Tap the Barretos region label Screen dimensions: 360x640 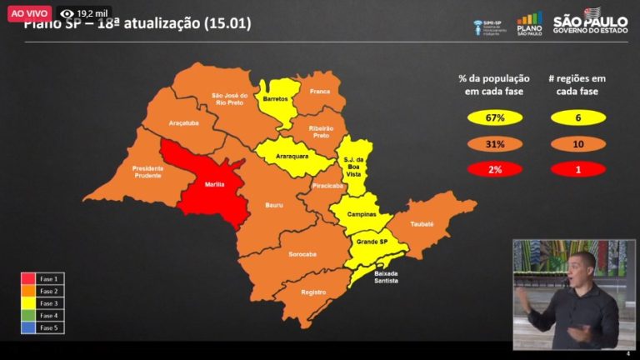[275, 98]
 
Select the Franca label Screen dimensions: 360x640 [320, 90]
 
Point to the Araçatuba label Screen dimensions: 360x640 [182, 122]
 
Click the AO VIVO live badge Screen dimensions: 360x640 [27, 14]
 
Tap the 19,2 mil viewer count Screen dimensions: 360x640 [87, 14]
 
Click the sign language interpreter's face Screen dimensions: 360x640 [582, 268]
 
